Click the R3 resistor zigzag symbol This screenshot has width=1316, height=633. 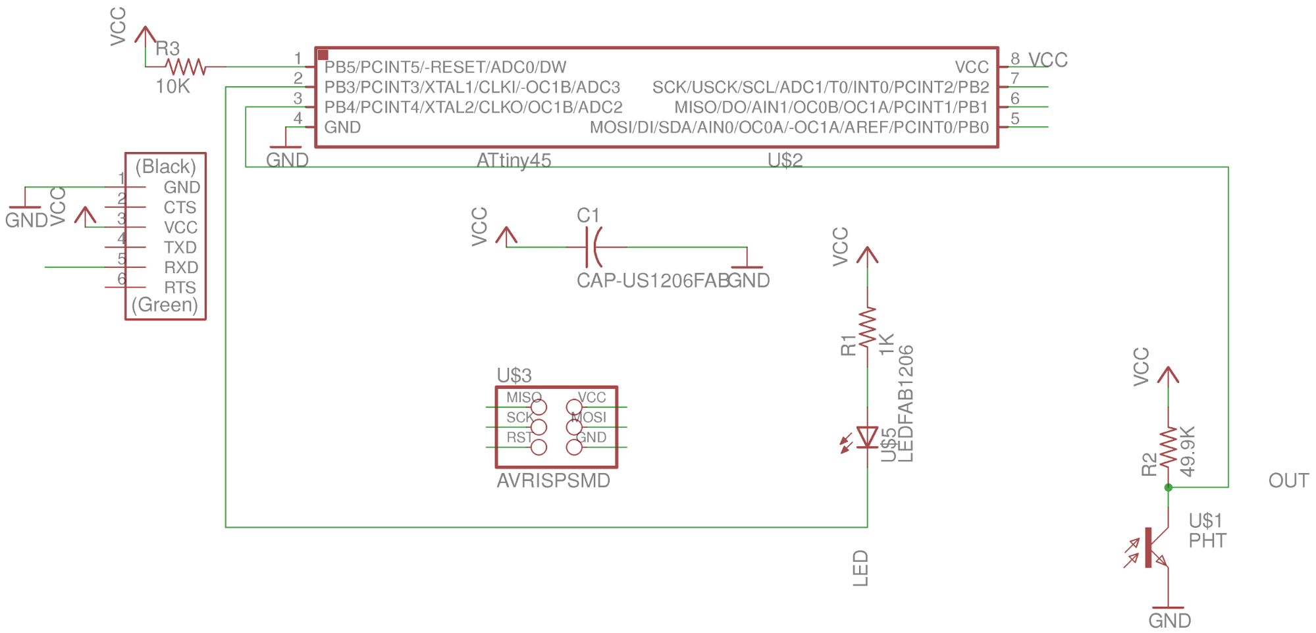click(186, 66)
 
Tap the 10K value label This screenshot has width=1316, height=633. click(172, 87)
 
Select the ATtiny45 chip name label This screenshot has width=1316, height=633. click(513, 161)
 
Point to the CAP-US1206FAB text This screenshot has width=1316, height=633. click(652, 281)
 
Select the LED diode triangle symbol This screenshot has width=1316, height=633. click(867, 438)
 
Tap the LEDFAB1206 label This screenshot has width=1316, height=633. click(906, 403)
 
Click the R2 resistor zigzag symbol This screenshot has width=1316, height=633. click(1169, 447)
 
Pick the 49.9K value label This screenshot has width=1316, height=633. click(1187, 451)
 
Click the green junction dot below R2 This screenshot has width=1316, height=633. click(1169, 488)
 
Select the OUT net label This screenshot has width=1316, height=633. click(1288, 481)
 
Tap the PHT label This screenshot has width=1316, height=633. click(1207, 541)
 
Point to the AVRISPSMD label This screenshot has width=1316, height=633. click(553, 481)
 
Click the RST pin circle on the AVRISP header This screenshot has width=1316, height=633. click(539, 447)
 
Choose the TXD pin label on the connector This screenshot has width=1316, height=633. click(180, 247)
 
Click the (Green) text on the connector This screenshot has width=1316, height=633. click(165, 305)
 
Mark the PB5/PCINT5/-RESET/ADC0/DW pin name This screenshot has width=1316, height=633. click(445, 67)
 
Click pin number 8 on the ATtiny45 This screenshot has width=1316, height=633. click(1015, 59)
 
